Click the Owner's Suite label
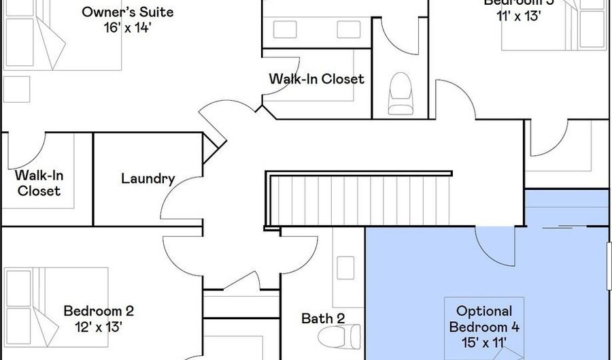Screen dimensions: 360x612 coord(127,12)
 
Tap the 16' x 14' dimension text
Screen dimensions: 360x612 coord(127,28)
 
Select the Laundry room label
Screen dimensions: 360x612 coord(148,179)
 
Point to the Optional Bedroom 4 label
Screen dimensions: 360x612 coord(484,318)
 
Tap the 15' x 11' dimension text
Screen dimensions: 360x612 coord(484,342)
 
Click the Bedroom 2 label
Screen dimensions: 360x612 coord(99,311)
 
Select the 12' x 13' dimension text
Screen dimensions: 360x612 coord(99,326)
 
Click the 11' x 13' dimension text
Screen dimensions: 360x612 coord(518,16)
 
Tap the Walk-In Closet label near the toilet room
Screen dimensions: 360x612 coord(316,79)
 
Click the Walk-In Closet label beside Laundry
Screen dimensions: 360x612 coord(39,183)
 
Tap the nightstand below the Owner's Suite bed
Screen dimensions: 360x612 coord(16,89)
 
